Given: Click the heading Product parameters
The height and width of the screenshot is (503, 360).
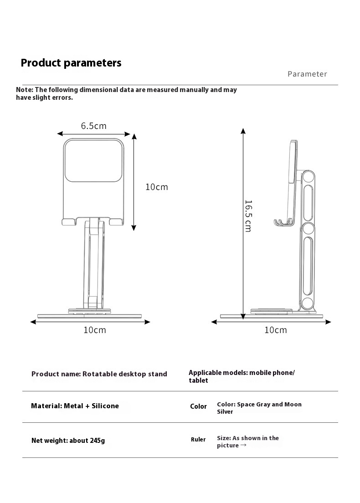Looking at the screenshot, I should click(x=71, y=63).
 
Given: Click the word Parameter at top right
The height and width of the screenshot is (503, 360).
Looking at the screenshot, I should click(x=307, y=74).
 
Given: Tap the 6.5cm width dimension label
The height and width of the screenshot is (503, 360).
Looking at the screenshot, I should click(x=93, y=126).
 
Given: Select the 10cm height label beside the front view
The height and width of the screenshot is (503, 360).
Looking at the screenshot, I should click(x=156, y=187).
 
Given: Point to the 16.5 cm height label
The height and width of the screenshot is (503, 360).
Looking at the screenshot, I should click(x=248, y=216).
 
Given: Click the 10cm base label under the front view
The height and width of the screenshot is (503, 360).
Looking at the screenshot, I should click(x=94, y=330).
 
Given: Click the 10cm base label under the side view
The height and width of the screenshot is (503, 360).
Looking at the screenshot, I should click(x=275, y=330).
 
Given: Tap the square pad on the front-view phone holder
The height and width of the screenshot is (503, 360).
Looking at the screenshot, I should click(x=93, y=160).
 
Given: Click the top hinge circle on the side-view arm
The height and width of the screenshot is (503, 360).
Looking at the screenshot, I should click(x=308, y=178).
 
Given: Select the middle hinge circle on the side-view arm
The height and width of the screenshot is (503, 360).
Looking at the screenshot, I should click(x=308, y=228).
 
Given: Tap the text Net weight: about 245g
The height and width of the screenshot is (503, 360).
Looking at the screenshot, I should click(x=68, y=441).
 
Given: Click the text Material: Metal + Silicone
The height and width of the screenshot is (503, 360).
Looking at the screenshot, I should click(x=75, y=406).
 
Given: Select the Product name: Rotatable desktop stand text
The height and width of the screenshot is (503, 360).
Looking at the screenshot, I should click(x=99, y=374).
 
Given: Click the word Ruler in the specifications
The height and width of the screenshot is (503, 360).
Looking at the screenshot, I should click(x=198, y=440).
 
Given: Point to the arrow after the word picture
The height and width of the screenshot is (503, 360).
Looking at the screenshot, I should click(x=243, y=446).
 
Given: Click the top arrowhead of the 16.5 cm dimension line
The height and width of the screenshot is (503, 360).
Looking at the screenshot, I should click(x=243, y=131).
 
